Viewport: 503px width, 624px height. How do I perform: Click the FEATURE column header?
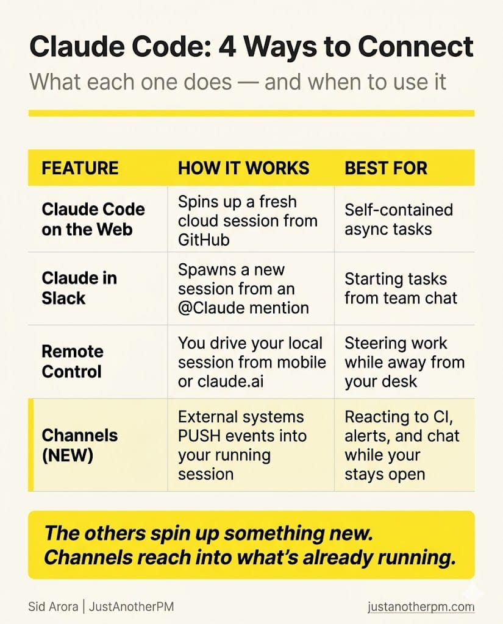pos(80,168)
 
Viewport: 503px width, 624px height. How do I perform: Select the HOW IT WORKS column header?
pos(243,168)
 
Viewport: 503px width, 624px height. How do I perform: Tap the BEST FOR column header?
pos(386,168)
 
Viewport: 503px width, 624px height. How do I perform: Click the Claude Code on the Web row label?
pos(93,219)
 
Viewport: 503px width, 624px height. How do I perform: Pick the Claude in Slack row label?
pos(79,288)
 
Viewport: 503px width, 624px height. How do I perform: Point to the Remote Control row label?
pos(72,361)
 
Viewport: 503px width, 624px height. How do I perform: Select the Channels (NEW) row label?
pos(79,445)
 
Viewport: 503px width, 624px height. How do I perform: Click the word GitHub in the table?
pos(204,239)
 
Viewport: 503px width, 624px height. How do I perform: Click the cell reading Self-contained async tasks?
pos(399,219)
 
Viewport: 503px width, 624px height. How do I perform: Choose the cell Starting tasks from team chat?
pos(401,288)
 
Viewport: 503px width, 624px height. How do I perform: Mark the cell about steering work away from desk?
pos(404,362)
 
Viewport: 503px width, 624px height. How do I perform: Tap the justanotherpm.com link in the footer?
pos(421,607)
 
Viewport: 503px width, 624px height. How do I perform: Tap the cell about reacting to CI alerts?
pos(402,445)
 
